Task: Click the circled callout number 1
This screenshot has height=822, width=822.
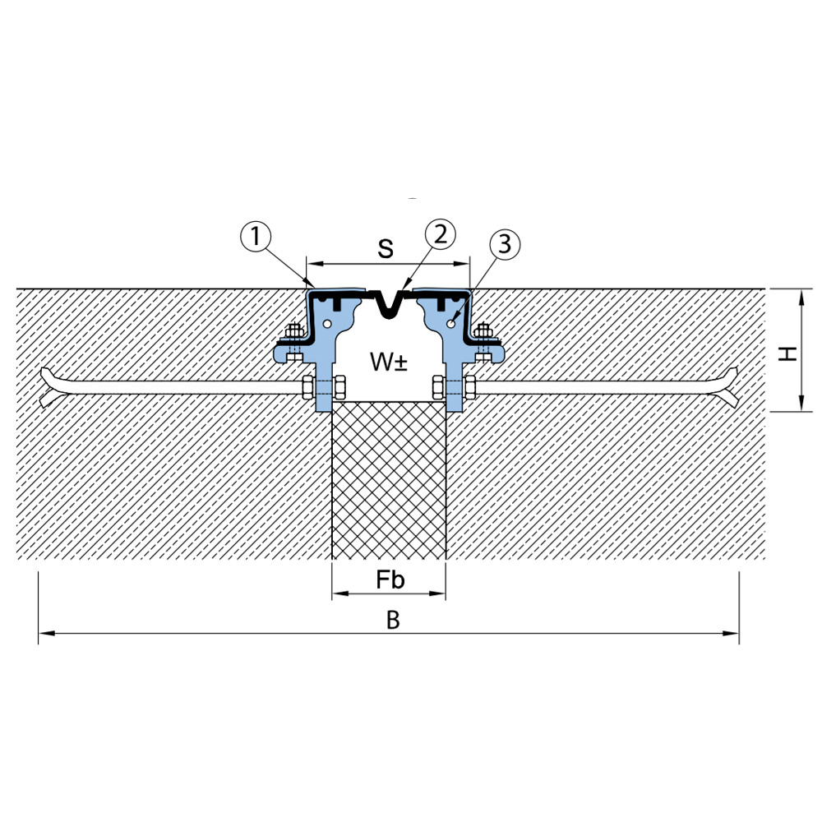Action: pos(256,237)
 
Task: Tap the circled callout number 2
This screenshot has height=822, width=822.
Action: pos(441,234)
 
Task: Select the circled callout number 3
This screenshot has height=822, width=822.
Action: pos(505,244)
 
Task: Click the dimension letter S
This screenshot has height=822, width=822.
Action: pos(386,248)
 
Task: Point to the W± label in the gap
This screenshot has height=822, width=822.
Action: pos(389,362)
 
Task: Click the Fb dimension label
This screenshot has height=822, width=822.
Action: pos(390,580)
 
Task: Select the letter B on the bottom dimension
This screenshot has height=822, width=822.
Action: pos(393,620)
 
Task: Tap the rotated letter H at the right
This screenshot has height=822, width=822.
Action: pos(787,353)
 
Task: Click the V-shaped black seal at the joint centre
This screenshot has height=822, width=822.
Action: pos(389,306)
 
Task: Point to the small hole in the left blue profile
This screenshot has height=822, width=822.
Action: pos(327,324)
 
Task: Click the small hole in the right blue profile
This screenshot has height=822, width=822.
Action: pos(450,324)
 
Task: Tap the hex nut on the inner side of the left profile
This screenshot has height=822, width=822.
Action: pos(339,387)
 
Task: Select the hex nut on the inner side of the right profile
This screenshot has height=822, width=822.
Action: pos(439,387)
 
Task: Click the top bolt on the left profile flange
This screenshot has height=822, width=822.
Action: pos(294,332)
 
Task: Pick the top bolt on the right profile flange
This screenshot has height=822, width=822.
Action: pos(483,332)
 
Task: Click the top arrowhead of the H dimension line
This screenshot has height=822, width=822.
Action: pos(801,298)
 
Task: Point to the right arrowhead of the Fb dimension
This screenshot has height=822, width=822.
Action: pos(437,593)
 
